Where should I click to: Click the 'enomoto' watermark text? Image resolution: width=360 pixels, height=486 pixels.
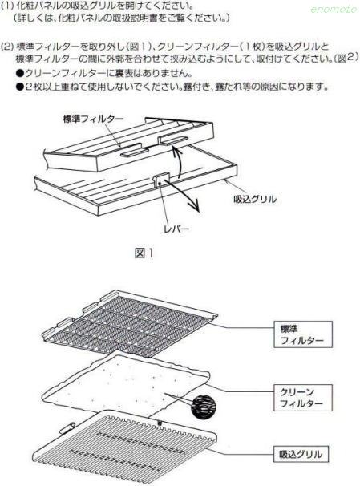point(334,10)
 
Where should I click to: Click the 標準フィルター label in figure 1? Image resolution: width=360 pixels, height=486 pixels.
point(93,119)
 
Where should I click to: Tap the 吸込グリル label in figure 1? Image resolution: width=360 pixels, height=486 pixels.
point(255,199)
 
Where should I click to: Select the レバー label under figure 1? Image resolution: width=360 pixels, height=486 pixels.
point(176,229)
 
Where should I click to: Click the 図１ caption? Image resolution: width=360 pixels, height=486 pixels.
point(144,253)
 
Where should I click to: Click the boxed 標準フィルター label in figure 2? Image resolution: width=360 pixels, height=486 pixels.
point(303,334)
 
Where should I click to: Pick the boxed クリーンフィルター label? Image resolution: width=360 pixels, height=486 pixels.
point(303,398)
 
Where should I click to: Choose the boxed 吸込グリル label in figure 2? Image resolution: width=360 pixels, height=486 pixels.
point(301,455)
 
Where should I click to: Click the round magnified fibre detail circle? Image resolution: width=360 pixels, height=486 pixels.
point(203,407)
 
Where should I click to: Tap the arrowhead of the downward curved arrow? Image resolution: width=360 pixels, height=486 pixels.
point(196,208)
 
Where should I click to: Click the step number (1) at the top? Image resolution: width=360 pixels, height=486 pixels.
point(7,6)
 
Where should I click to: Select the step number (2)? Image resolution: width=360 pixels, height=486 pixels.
point(7,47)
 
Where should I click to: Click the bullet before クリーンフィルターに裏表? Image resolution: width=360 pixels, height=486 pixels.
point(20,74)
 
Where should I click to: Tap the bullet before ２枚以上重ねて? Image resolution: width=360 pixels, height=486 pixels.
point(20,87)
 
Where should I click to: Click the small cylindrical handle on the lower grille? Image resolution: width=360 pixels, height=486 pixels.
point(67,428)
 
